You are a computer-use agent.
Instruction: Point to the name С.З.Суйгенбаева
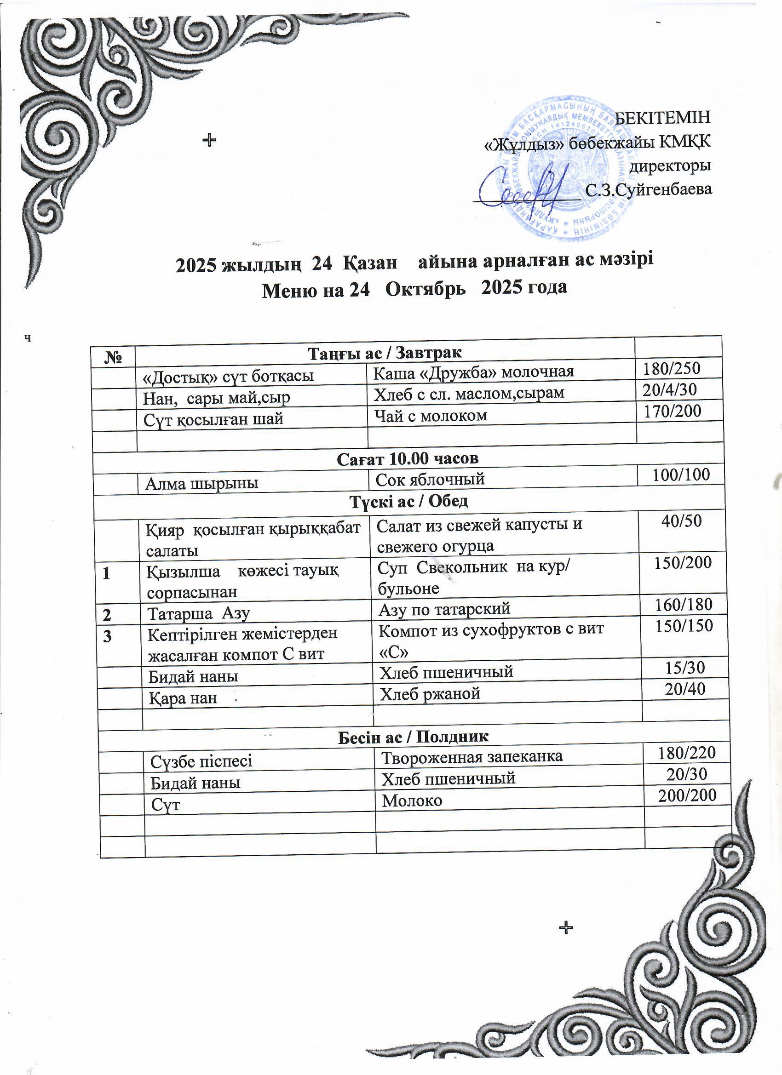pos(648,189)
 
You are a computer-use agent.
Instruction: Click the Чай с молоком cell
pos(431,416)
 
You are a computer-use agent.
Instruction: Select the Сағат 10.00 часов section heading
pos(408,458)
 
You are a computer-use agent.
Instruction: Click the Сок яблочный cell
pos(430,479)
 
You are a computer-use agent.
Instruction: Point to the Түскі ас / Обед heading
pos(409,501)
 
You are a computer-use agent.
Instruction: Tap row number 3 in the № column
pos(108,636)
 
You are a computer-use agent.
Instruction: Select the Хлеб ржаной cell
pos(430,694)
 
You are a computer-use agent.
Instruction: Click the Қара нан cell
pos(183,698)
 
